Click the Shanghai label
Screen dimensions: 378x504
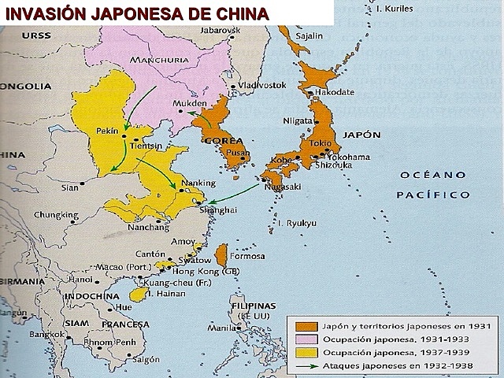[218, 210]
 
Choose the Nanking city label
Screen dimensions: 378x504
[198, 183]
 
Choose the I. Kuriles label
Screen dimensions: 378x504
[395, 9]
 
